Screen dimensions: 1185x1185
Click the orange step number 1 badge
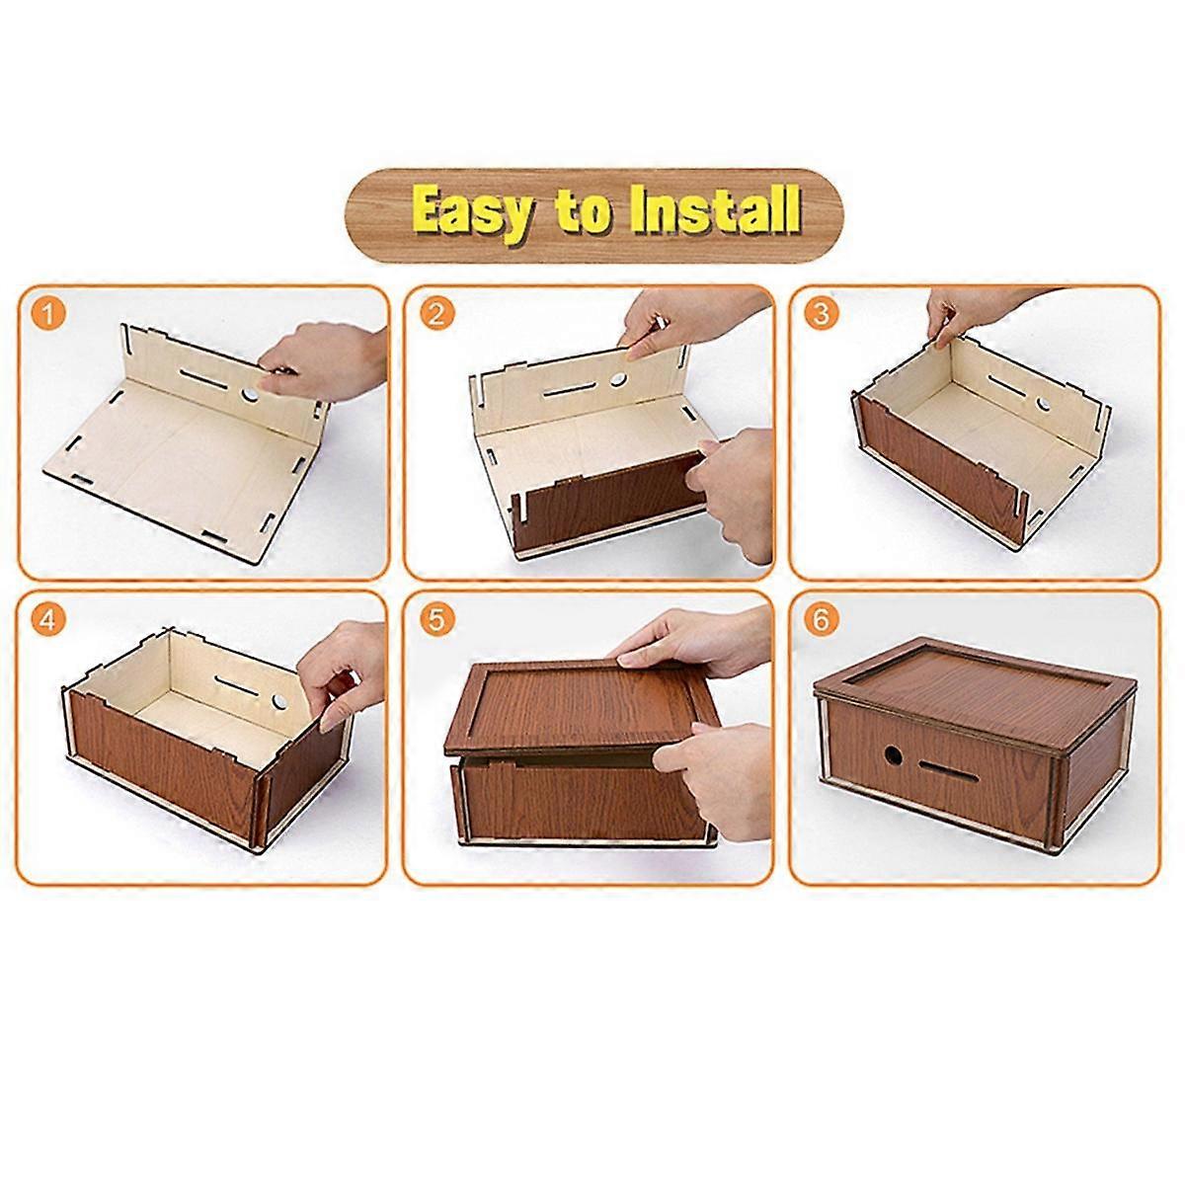[x=48, y=315]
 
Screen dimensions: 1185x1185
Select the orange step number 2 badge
[x=437, y=314]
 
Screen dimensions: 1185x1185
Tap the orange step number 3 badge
[x=821, y=314]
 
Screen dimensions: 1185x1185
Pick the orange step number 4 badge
[x=47, y=620]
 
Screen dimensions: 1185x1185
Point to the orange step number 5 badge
[x=436, y=619]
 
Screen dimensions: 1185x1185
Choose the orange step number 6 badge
[x=821, y=620]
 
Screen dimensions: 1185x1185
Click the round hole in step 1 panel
[x=250, y=394]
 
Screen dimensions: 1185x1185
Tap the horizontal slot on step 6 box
[x=948, y=771]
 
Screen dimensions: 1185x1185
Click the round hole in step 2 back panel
[x=618, y=379]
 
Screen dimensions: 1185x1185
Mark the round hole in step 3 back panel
[x=1043, y=405]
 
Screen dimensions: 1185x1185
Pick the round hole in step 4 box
[x=279, y=700]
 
